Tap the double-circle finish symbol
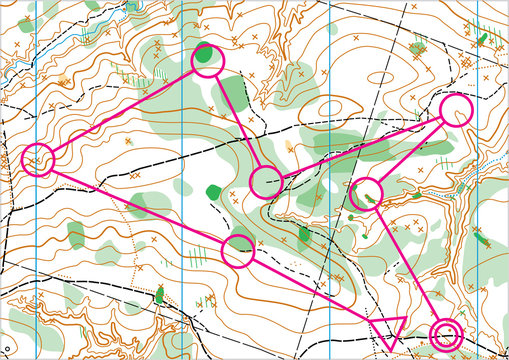pyautogui.click(x=446, y=335)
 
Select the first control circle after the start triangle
pyautogui.click(x=237, y=251)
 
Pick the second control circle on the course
pyautogui.click(x=38, y=160)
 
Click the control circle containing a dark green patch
pyautogui.click(x=207, y=59)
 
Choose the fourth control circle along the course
pyautogui.click(x=265, y=182)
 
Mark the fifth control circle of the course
pyautogui.click(x=455, y=110)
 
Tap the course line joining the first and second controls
pyautogui.click(x=137, y=205)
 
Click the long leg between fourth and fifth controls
pyautogui.click(x=360, y=146)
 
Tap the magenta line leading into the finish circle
pyautogui.click(x=406, y=263)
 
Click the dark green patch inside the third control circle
pyautogui.click(x=205, y=54)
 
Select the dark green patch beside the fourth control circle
pyautogui.click(x=213, y=191)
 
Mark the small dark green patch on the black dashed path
pyautogui.click(x=159, y=293)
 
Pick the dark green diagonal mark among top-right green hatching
pyautogui.click(x=482, y=39)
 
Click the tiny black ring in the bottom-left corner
pyautogui.click(x=8, y=347)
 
